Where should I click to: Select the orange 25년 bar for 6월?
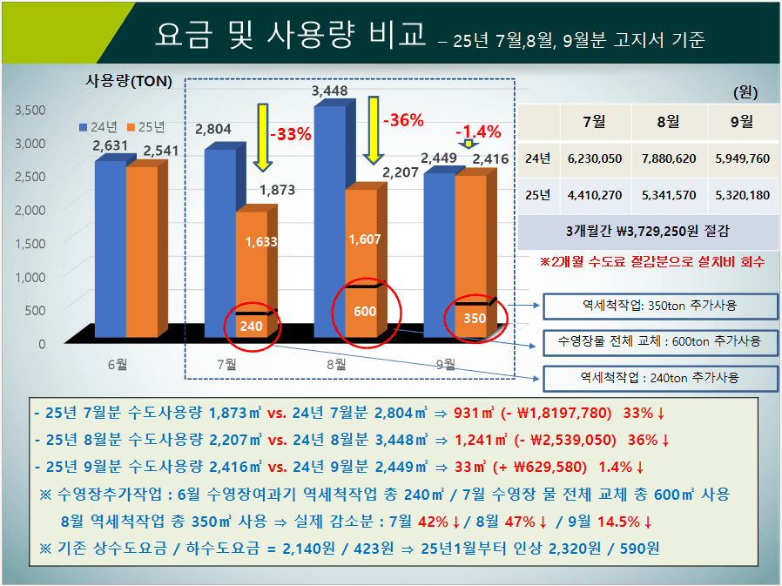pyautogui.click(x=142, y=247)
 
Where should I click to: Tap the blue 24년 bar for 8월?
pyautogui.click(x=329, y=218)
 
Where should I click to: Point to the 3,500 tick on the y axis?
pyautogui.click(x=30, y=110)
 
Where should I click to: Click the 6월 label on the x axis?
pyautogui.click(x=117, y=364)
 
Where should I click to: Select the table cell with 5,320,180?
pyautogui.click(x=741, y=195)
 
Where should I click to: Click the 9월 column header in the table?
pyautogui.click(x=741, y=122)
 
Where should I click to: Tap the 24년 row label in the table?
pyautogui.click(x=538, y=158)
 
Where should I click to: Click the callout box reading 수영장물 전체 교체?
pyautogui.click(x=659, y=341)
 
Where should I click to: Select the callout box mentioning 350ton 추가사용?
pyautogui.click(x=659, y=306)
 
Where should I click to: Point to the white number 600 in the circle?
pyautogui.click(x=365, y=311)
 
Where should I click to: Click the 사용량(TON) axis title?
pyautogui.click(x=129, y=82)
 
